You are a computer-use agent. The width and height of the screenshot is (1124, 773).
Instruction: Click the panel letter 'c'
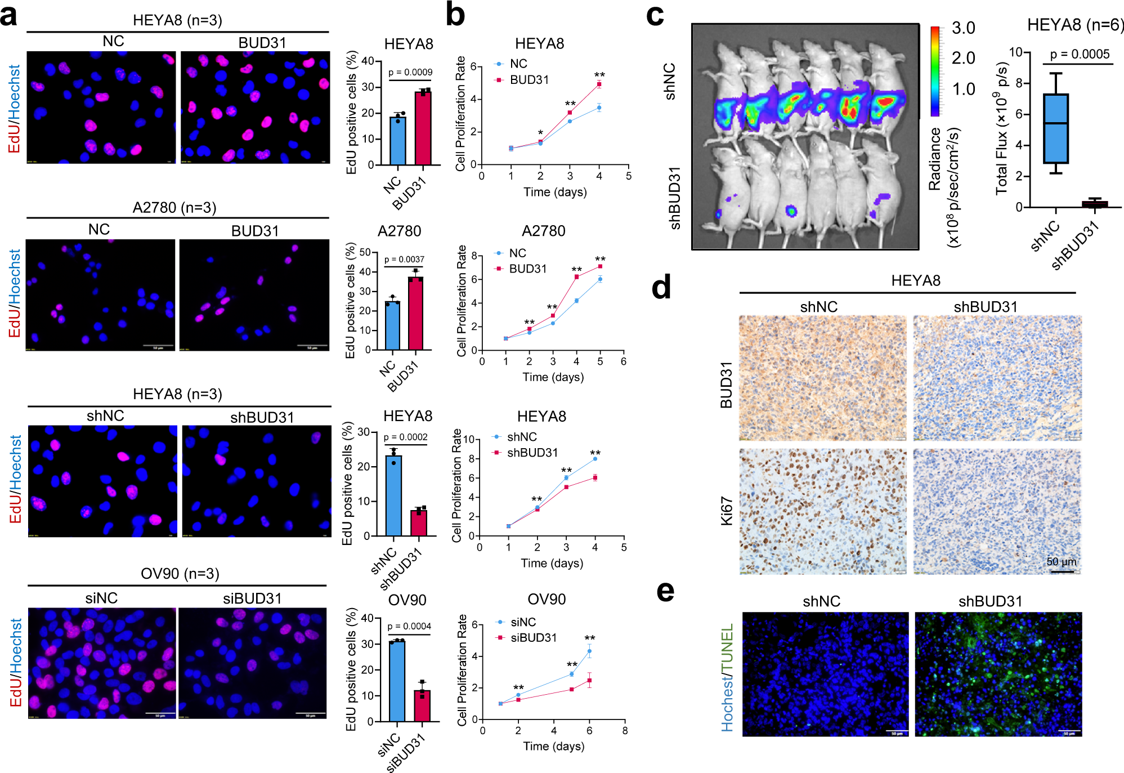click(655, 15)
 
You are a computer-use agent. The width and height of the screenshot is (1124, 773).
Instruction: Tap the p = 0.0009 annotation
click(410, 72)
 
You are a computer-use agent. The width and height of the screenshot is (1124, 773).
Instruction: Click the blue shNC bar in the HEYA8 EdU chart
click(393, 495)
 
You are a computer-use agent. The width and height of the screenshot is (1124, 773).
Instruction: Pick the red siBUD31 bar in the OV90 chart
click(422, 705)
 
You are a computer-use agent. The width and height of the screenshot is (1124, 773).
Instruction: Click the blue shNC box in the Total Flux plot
click(1055, 128)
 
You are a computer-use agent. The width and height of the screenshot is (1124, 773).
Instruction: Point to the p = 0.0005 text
click(1080, 54)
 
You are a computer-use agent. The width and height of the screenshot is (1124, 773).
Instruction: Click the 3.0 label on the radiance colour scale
click(963, 28)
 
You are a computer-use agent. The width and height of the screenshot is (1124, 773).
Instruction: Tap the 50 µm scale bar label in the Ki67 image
click(1061, 561)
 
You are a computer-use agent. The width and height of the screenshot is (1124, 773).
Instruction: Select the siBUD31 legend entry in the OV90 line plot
click(533, 638)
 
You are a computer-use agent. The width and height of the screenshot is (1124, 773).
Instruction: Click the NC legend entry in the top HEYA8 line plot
click(518, 64)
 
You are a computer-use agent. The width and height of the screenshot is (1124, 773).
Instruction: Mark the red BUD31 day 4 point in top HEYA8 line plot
click(599, 84)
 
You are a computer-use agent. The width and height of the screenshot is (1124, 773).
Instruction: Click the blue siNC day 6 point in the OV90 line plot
click(589, 651)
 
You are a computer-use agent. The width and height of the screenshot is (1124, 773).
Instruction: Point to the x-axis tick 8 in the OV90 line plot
click(625, 731)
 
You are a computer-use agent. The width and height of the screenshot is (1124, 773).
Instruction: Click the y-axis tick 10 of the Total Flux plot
click(1015, 52)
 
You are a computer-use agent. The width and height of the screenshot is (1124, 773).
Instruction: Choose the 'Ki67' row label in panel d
click(727, 511)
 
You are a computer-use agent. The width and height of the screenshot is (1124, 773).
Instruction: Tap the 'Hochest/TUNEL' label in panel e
click(727, 677)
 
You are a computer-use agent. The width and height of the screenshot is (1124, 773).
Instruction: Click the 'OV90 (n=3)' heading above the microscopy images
click(180, 574)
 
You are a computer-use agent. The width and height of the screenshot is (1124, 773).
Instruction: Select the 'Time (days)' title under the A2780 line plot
click(553, 377)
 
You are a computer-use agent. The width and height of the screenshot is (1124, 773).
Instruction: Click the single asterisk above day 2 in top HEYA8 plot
click(540, 133)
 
